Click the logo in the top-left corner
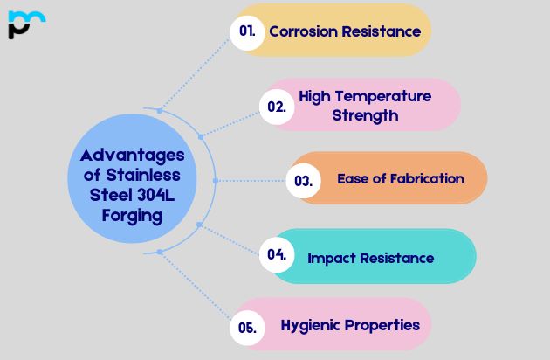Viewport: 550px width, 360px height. pyautogui.click(x=26, y=24)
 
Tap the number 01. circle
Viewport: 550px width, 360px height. pyautogui.click(x=247, y=31)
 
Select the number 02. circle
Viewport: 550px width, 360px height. pyautogui.click(x=276, y=107)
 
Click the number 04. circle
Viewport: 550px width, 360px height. pyautogui.click(x=277, y=255)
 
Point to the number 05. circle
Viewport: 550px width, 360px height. pyautogui.click(x=247, y=328)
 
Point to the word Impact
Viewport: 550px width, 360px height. pyautogui.click(x=333, y=258)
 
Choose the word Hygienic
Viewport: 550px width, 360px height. pyautogui.click(x=312, y=325)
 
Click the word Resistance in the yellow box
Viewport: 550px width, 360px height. pyautogui.click(x=382, y=31)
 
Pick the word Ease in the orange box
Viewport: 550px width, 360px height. pyautogui.click(x=354, y=178)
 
